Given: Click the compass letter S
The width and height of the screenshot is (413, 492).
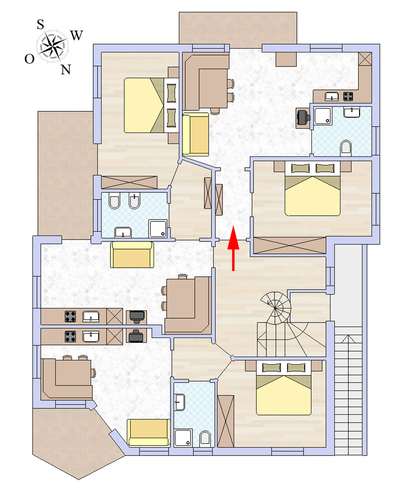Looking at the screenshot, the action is tap(40, 24).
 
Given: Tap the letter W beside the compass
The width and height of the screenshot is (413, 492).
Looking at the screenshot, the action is tap(76, 35).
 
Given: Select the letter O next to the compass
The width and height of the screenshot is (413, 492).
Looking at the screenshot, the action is tap(30, 59).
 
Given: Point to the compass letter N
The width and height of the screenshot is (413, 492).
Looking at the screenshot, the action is tap(66, 69).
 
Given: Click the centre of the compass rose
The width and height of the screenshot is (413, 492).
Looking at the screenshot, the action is tap(52, 47).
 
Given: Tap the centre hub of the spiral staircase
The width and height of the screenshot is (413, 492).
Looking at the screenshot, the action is tap(275, 308).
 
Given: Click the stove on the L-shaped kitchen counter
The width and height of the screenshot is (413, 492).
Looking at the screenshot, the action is tap(348, 96).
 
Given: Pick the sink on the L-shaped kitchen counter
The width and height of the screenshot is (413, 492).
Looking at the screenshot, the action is tap(331, 96).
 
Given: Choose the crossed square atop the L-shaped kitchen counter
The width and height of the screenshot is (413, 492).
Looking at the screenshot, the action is tap(365, 59).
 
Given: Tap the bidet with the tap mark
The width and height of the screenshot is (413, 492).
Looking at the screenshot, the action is tap(134, 201).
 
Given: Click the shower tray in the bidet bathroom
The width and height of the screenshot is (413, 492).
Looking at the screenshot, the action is tap(158, 228).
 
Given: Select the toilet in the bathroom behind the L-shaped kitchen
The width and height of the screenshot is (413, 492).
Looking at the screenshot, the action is tap(346, 148).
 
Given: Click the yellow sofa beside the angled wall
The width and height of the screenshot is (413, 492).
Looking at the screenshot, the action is tap(149, 432).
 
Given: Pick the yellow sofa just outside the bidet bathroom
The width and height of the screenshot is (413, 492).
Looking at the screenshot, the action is tap(132, 254).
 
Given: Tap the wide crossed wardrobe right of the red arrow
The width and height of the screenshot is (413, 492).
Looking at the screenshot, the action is tap(290, 245).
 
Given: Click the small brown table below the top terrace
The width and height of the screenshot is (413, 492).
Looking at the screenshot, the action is tap(286, 59).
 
